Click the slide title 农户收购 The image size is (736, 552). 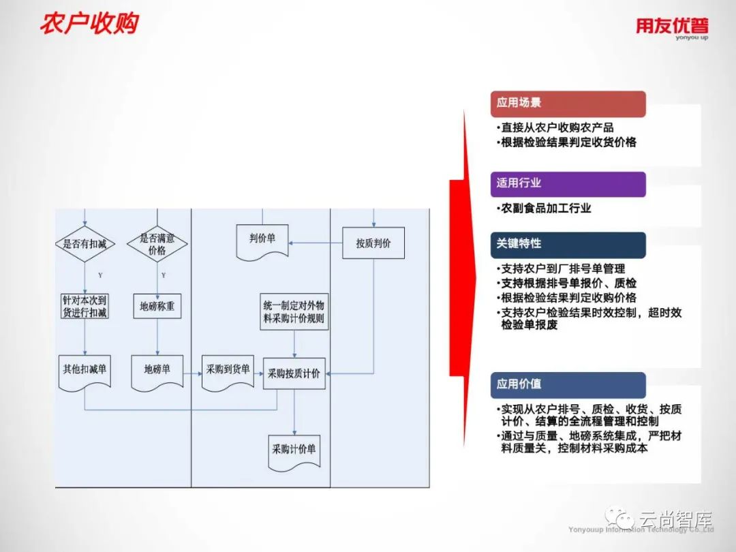(89, 23)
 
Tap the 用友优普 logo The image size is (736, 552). (671, 27)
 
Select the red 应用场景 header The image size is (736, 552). (567, 104)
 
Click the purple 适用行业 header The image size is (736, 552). (567, 183)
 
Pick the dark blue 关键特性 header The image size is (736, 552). (567, 244)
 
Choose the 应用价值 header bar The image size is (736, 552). (567, 384)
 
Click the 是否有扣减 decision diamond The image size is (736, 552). (85, 243)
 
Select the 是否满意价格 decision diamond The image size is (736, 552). (157, 244)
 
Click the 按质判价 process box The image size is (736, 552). (373, 243)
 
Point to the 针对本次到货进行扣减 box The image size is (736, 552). (85, 307)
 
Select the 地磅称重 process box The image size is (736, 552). (157, 307)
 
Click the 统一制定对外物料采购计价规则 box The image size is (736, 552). (294, 312)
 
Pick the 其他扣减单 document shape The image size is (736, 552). (85, 371)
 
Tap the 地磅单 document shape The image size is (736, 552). (157, 371)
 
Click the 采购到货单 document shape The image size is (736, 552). (228, 371)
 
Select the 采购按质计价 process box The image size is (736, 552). (294, 373)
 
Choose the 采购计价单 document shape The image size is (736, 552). (294, 451)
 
